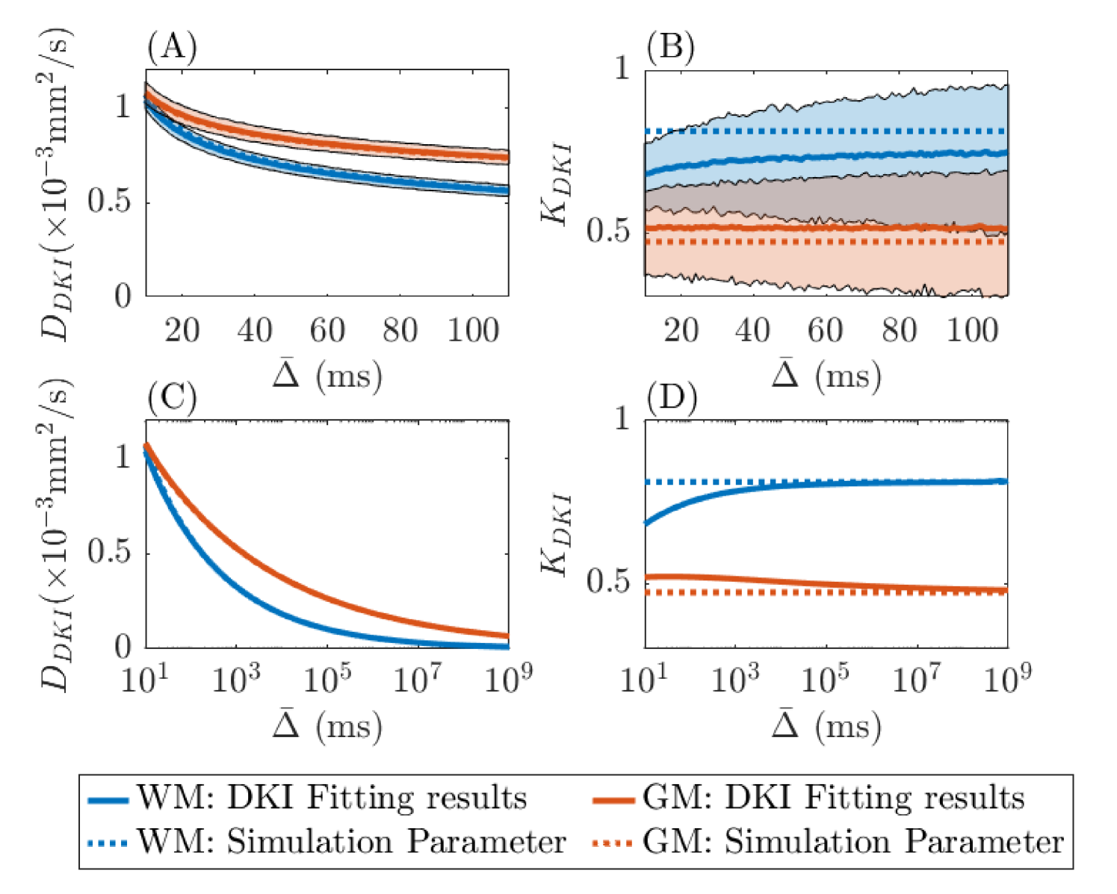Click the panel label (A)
tap(172, 49)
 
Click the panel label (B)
tap(671, 49)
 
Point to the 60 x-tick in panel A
tap(327, 329)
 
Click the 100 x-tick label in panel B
tap(972, 329)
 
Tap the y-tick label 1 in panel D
tap(622, 420)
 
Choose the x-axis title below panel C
tap(327, 725)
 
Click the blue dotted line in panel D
tap(822, 482)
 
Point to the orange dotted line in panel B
tap(822, 241)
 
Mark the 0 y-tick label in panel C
tap(123, 648)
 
